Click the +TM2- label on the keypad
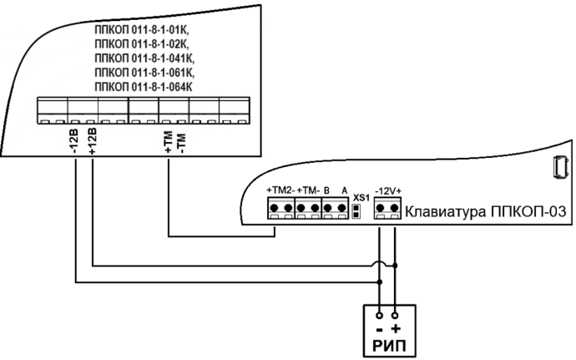point(281,191)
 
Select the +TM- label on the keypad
point(310,191)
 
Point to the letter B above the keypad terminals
point(327,191)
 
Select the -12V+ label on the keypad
point(387,191)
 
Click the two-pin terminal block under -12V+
point(387,210)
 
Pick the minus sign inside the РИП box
point(379,328)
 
